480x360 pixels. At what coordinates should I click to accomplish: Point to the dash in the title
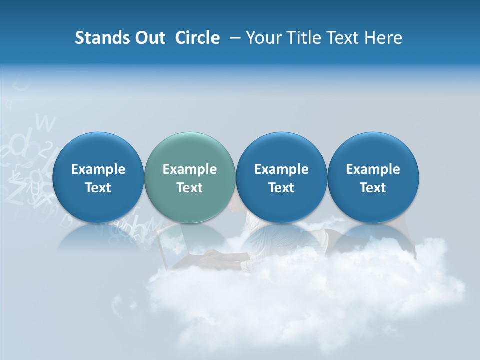click(233, 38)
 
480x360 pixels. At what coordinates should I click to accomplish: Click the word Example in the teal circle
click(190, 169)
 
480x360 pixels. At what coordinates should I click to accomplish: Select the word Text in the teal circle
click(190, 188)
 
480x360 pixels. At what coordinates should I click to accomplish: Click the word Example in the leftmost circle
click(98, 169)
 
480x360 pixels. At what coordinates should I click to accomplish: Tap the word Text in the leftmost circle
click(98, 188)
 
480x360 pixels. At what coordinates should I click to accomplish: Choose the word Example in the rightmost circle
click(373, 169)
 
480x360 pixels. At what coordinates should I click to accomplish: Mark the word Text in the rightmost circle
click(373, 188)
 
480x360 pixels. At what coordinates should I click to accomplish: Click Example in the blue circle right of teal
click(281, 169)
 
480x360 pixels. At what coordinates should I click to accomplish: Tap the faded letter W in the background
click(46, 121)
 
